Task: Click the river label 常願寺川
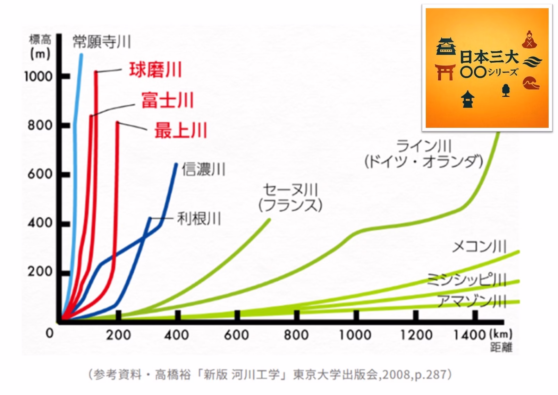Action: coord(102,42)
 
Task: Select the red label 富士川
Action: coord(167,100)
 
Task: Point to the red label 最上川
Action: coord(180,131)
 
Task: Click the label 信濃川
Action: coord(204,170)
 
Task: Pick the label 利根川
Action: coord(199,219)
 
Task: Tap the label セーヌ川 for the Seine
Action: coord(290,190)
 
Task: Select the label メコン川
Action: coord(479,247)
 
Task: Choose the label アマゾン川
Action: coord(471,301)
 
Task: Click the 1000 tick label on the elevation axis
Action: coord(38,77)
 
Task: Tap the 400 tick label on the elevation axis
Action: coord(40,223)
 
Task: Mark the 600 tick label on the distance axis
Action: coord(236,335)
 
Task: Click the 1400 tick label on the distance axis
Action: coord(470,335)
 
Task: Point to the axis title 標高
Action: coord(40,39)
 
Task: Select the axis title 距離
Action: coord(501,347)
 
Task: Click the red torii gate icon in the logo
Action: coord(445,72)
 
